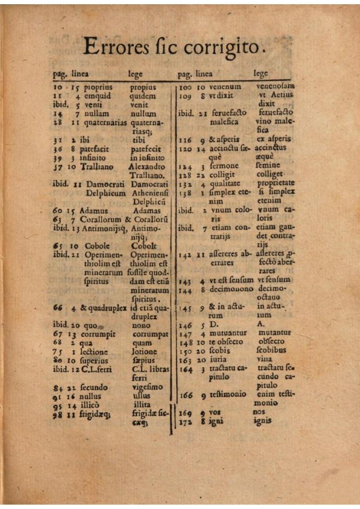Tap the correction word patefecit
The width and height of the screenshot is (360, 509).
146,149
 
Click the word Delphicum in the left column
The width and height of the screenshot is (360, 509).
106,193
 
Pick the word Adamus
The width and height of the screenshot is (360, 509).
94,211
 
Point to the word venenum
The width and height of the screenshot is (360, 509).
225,87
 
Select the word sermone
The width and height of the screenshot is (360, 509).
224,166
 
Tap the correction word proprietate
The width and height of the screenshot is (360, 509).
275,183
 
